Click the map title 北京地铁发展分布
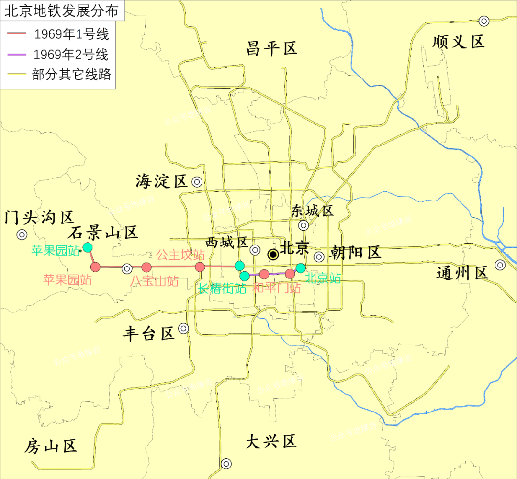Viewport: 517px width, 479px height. coord(62,11)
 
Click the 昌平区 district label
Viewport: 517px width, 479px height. coord(271,48)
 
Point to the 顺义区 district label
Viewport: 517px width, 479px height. coord(458,42)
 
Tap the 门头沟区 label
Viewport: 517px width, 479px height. coord(39,218)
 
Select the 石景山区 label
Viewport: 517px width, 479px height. coord(102,233)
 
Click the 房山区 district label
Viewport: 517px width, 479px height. coord(51,446)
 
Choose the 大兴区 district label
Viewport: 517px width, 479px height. coord(271,441)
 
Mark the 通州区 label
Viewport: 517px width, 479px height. coord(462,273)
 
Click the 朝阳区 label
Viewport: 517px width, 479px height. coord(355,253)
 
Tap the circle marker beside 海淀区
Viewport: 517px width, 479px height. coord(197,182)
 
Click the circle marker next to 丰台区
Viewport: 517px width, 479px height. coord(183,328)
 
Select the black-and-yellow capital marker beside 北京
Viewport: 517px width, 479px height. coord(273,255)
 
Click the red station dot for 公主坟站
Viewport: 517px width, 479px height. coord(200,267)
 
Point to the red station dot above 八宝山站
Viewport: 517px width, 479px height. coord(146,267)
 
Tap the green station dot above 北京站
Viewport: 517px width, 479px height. coord(300,268)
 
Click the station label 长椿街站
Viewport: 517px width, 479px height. coord(222,289)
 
